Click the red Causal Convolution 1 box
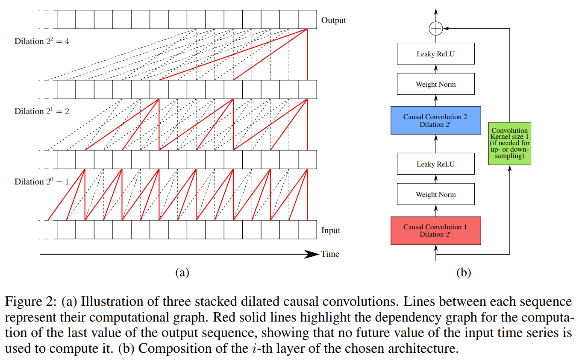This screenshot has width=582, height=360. (x=435, y=231)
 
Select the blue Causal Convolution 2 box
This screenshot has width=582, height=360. (x=435, y=120)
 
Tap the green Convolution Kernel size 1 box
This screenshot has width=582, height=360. (x=510, y=143)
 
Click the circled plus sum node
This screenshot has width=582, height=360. (x=435, y=29)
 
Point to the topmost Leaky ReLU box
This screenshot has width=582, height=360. (x=435, y=54)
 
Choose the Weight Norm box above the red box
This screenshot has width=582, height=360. (x=435, y=194)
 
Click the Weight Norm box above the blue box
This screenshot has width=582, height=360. (x=435, y=84)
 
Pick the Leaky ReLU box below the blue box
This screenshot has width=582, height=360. (x=435, y=164)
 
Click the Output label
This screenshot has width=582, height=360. (x=333, y=20)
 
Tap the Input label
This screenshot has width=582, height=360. (x=331, y=231)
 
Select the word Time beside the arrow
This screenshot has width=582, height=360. (x=330, y=254)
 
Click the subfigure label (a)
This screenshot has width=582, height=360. (x=182, y=272)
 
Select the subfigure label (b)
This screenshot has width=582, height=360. (x=463, y=272)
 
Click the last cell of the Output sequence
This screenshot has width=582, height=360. (x=307, y=19)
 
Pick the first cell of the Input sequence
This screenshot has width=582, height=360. (x=66, y=230)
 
